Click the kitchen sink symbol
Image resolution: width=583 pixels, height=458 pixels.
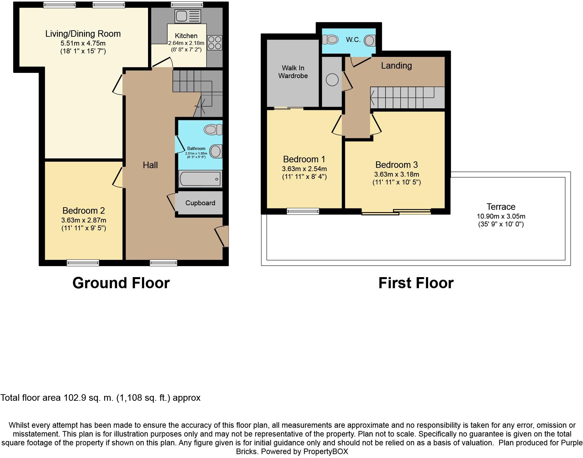point(188,16)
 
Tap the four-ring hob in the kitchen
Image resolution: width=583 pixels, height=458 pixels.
point(215,43)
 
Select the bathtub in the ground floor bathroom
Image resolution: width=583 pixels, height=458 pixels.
point(200,179)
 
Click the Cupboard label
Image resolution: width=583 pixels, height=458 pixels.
point(200,203)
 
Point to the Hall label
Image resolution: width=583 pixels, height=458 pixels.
point(150,165)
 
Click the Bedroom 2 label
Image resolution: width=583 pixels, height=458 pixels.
point(84,211)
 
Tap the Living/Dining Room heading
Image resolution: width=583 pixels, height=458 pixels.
point(83,34)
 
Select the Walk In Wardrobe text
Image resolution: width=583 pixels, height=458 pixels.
point(293,72)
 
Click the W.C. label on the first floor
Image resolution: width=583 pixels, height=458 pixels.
point(353,40)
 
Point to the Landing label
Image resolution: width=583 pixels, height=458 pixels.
point(396,66)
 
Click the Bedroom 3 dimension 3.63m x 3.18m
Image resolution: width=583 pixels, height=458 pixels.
point(397,174)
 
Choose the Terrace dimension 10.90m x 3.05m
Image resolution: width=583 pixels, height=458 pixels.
point(501,216)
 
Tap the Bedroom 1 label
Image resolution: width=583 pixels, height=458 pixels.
point(304,159)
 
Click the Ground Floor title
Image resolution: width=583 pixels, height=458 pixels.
point(121,283)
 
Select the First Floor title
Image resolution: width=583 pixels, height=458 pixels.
point(416,283)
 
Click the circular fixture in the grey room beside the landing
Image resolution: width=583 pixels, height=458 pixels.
point(332,80)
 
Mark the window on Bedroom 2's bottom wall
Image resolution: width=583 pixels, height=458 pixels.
point(83,263)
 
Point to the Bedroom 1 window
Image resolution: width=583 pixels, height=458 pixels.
point(303,211)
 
